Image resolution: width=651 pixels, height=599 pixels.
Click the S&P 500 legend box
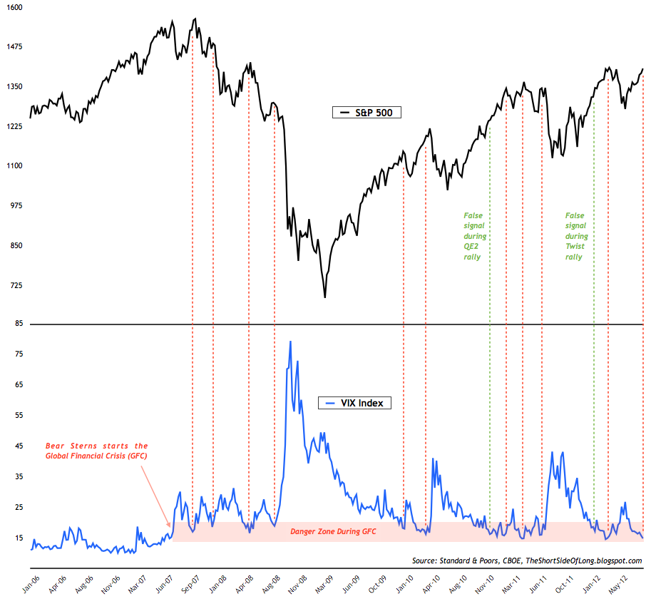pos(367,112)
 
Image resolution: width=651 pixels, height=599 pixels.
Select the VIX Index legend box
pos(354,404)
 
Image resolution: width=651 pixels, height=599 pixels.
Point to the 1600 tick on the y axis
pos(15,7)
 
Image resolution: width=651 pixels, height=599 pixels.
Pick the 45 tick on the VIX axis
pos(19,446)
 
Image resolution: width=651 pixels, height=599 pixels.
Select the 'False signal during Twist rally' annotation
pos(576,235)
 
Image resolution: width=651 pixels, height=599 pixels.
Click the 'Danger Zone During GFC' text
pos(333,531)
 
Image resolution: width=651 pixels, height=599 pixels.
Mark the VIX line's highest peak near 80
pos(290,342)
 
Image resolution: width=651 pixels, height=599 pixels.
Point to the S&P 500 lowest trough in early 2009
pos(325,297)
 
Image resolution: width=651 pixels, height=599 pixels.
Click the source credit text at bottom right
pos(527,560)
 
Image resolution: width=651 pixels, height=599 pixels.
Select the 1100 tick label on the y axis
pos(15,166)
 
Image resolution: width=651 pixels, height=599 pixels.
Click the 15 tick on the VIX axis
pos(19,538)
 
